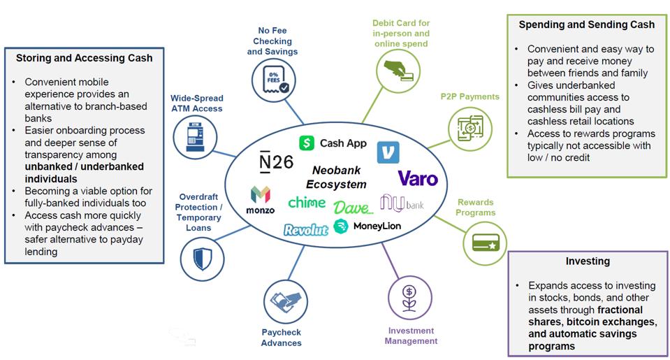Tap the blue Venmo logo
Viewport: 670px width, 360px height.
(x=388, y=152)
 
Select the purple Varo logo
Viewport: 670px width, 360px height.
(x=418, y=178)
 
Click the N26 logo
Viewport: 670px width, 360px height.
(x=272, y=162)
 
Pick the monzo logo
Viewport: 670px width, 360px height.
(x=260, y=199)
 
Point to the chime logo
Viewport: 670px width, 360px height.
(x=307, y=202)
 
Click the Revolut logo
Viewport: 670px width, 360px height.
(x=306, y=229)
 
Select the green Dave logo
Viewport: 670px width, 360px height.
(x=353, y=208)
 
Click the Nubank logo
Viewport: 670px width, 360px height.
(x=402, y=203)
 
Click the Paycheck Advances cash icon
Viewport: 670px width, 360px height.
(x=285, y=301)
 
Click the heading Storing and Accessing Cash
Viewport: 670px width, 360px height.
(x=84, y=58)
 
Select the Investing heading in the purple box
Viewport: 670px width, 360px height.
(x=588, y=261)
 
